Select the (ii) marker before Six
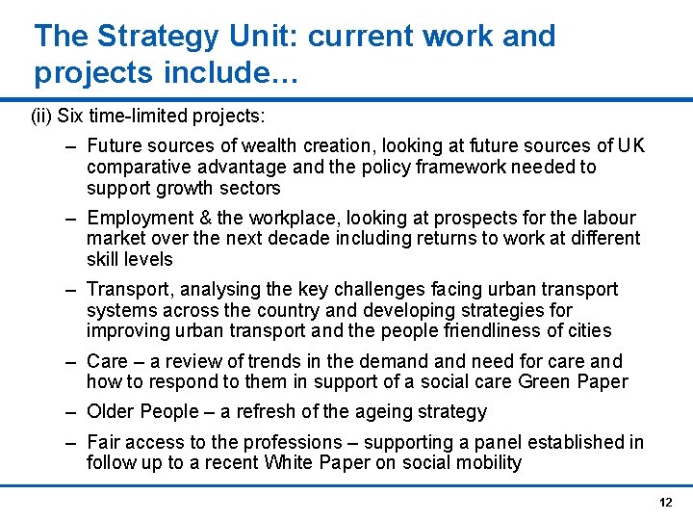(x=42, y=117)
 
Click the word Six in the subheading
(x=70, y=117)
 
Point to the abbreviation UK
(x=631, y=146)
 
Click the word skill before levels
(x=103, y=259)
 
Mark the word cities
(x=589, y=330)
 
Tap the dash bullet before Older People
(x=72, y=412)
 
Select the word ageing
(x=357, y=412)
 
